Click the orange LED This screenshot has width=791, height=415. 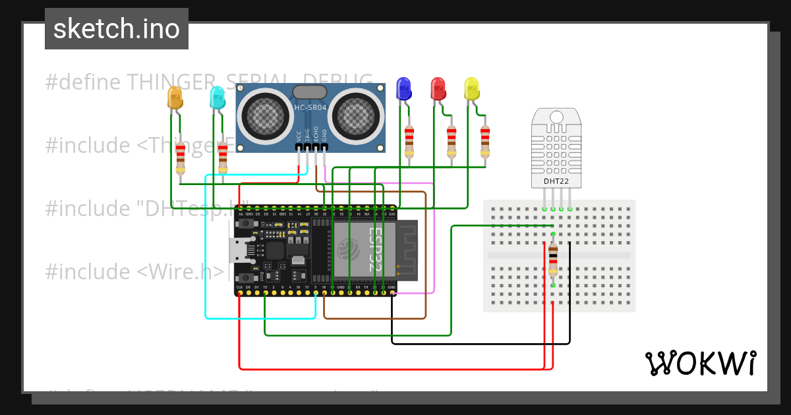click(175, 97)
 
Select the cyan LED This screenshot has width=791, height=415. click(217, 98)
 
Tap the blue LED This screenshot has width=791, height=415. click(403, 88)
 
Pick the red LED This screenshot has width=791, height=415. click(438, 88)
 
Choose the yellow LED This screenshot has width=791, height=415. click(471, 89)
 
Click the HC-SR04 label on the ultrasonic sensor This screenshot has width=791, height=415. click(310, 107)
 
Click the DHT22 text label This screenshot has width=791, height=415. click(556, 181)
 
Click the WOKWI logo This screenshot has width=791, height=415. click(700, 363)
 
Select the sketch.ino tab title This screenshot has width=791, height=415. click(117, 29)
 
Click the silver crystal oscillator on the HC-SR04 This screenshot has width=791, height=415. click(309, 92)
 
